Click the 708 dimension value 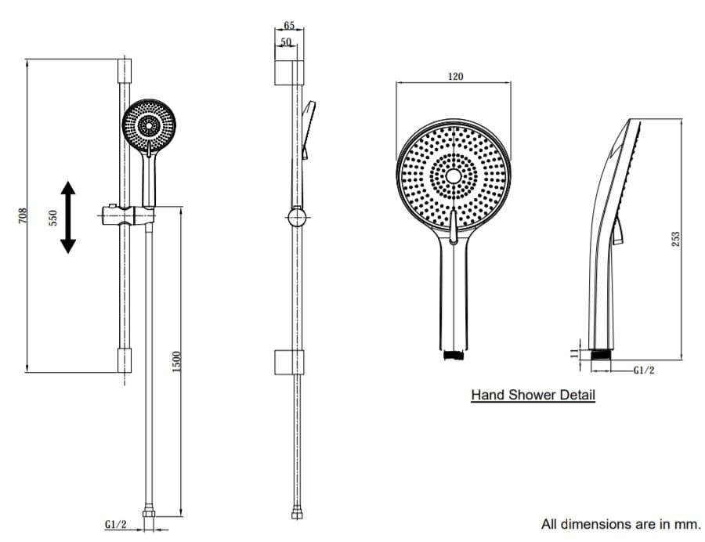[x=23, y=215]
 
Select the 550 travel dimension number [x=53, y=218]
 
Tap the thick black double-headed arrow [x=68, y=217]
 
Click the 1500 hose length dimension [x=176, y=361]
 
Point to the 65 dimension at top [x=289, y=25]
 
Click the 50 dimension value [x=286, y=42]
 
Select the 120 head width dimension [x=455, y=77]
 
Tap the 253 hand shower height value [x=675, y=239]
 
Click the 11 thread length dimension [x=574, y=353]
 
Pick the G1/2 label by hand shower [x=644, y=370]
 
